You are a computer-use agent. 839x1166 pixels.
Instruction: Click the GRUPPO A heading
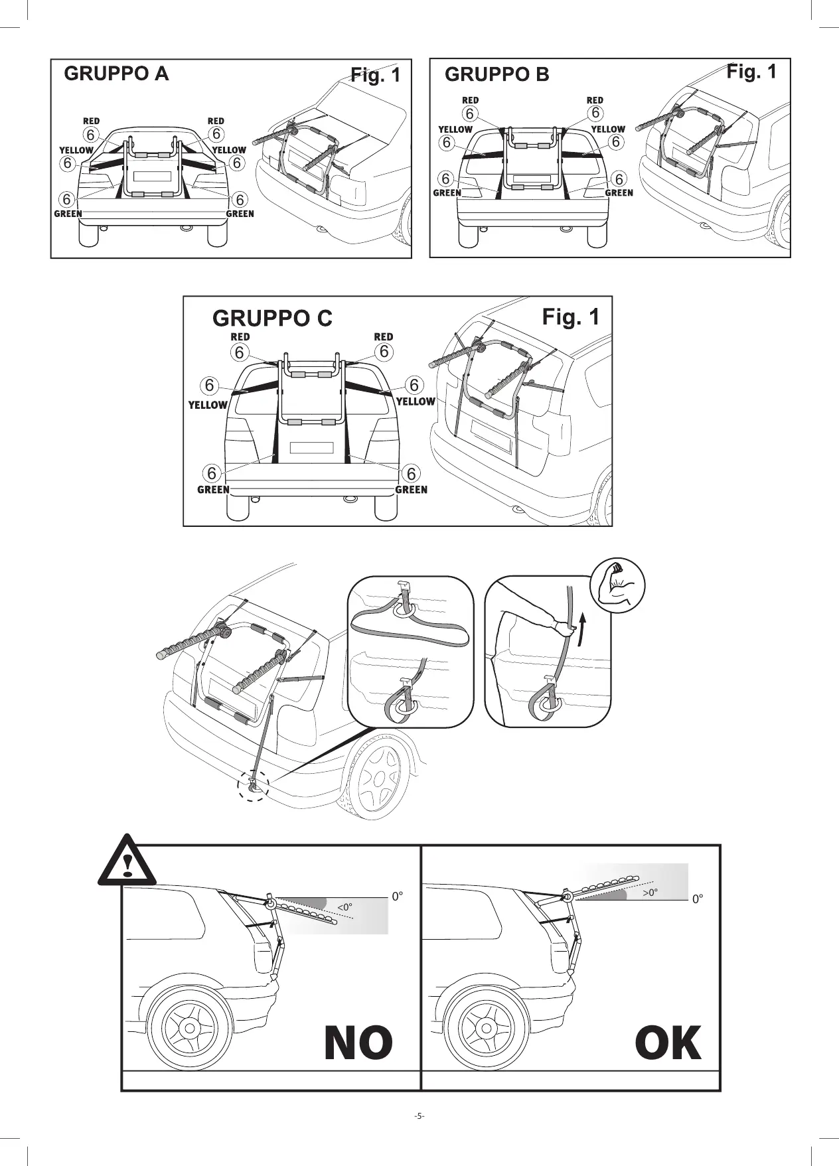pyautogui.click(x=116, y=74)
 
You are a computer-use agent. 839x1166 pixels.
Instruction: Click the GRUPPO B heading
pyautogui.click(x=496, y=74)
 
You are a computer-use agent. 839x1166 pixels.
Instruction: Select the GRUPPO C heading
pyautogui.click(x=272, y=319)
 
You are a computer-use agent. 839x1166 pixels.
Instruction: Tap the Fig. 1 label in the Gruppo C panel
pyautogui.click(x=570, y=317)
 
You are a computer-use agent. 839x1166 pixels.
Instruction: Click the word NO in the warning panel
pyautogui.click(x=358, y=1043)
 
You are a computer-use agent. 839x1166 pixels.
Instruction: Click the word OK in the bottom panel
pyautogui.click(x=668, y=1043)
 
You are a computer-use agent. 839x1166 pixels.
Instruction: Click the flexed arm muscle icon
pyautogui.click(x=618, y=585)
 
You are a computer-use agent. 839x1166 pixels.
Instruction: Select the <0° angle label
pyautogui.click(x=344, y=907)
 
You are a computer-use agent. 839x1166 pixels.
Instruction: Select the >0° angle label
pyautogui.click(x=650, y=893)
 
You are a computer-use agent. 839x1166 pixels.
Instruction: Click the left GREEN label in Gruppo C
pyautogui.click(x=213, y=490)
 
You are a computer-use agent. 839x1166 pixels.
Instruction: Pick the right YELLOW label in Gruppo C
pyautogui.click(x=416, y=401)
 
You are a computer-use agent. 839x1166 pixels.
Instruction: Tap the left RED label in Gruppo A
pyautogui.click(x=91, y=121)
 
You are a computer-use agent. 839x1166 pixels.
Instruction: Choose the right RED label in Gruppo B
pyautogui.click(x=595, y=101)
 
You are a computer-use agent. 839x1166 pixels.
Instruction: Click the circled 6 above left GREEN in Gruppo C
pyautogui.click(x=212, y=473)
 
